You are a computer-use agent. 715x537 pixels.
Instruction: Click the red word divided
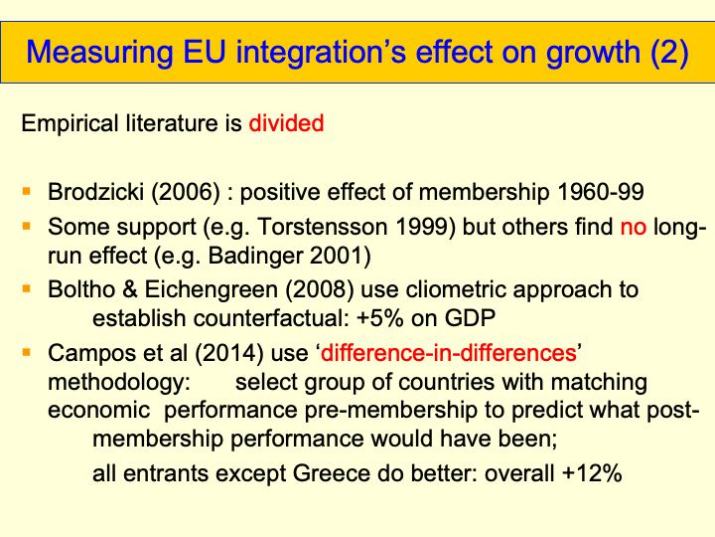[x=286, y=123]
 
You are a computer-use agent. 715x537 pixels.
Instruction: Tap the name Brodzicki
[x=95, y=192]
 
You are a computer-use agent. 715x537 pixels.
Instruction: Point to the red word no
[x=634, y=228]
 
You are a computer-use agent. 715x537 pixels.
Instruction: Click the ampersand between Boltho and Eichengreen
[x=129, y=289]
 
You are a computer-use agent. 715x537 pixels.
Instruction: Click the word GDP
[x=470, y=318]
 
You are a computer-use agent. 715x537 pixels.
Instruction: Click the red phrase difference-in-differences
[x=448, y=353]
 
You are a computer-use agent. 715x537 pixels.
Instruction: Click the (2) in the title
[x=669, y=52]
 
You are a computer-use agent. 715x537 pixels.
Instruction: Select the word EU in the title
[x=205, y=52]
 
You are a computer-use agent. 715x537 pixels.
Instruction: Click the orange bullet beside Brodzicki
[x=27, y=191]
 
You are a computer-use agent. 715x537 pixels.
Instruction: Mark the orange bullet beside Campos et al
[x=27, y=352]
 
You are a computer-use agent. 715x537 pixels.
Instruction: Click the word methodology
[x=118, y=382]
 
